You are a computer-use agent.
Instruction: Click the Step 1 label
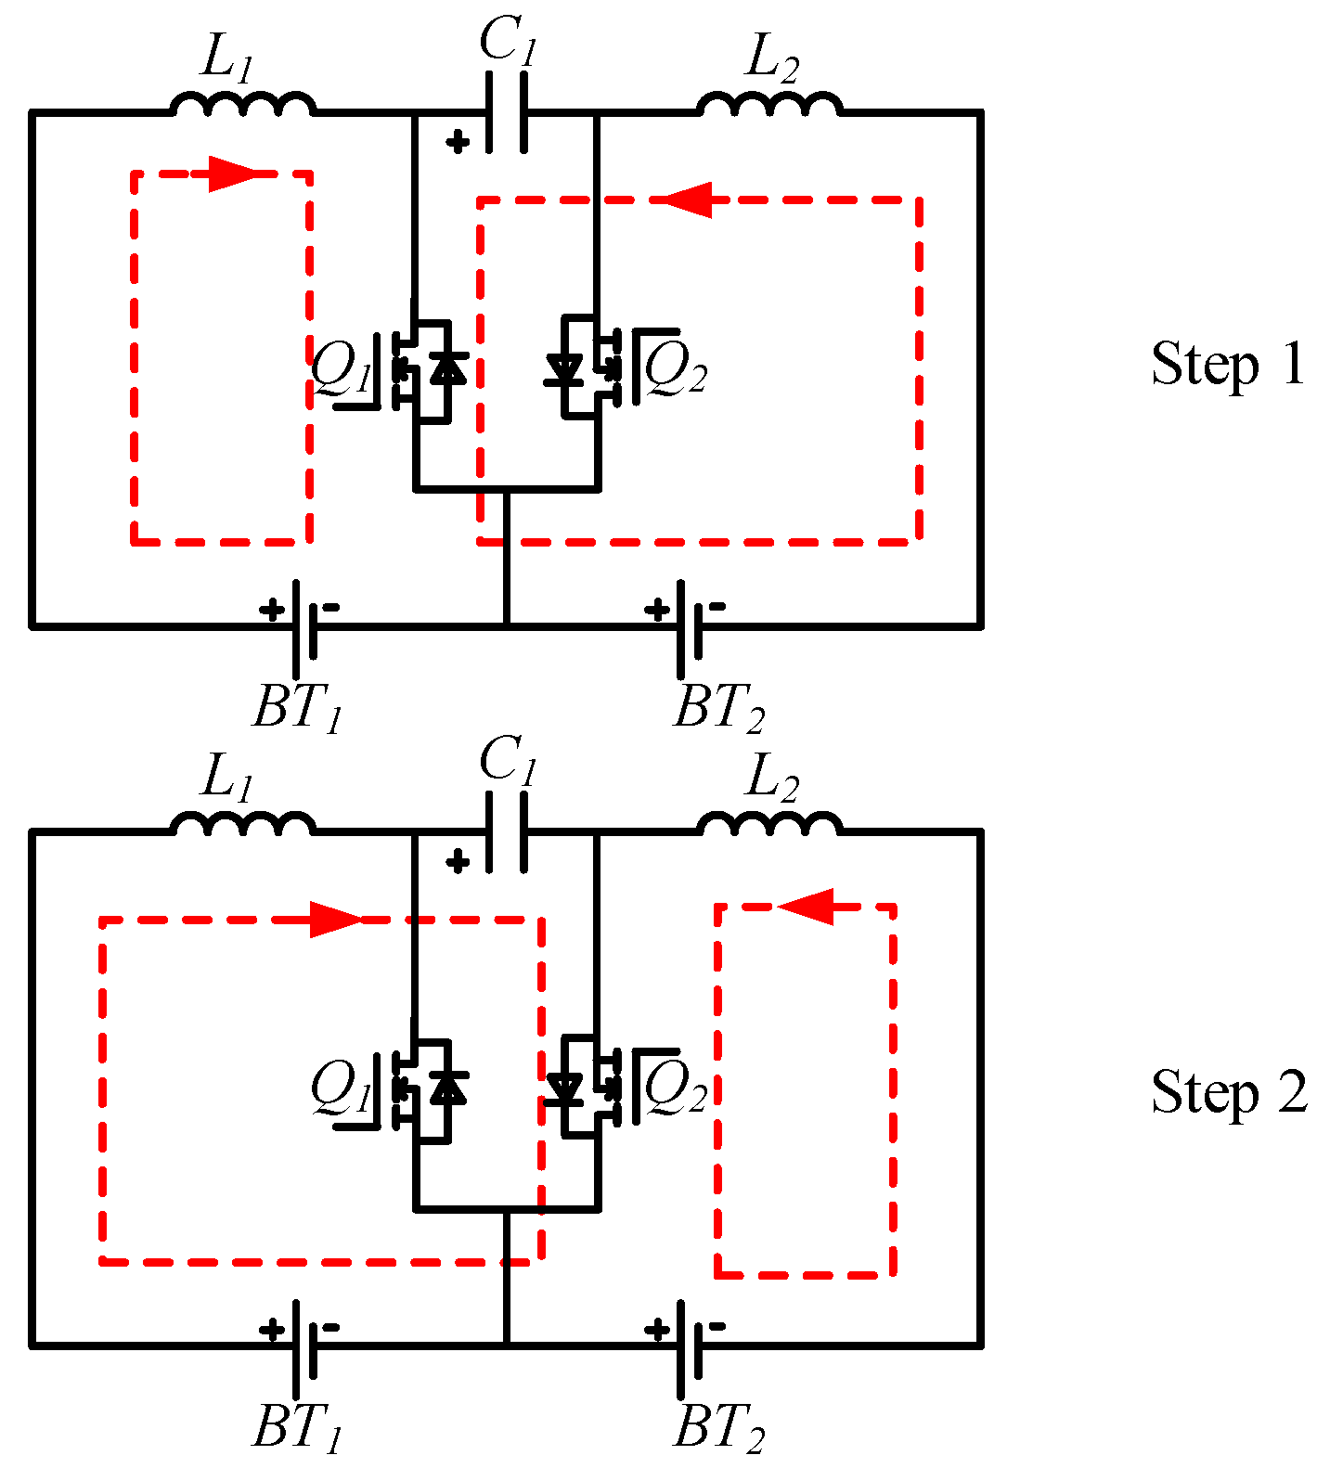[x=1227, y=364]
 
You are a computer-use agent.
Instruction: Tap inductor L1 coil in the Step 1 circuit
[x=242, y=103]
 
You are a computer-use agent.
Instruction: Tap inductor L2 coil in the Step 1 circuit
[x=769, y=103]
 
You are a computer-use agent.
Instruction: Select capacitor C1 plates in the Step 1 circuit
[x=506, y=112]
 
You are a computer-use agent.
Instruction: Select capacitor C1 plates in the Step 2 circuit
[x=506, y=832]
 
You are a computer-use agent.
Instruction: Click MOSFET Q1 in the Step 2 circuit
[x=422, y=1088]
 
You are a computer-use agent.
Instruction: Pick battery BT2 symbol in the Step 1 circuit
[x=688, y=626]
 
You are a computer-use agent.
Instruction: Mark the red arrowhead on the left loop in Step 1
[x=230, y=174]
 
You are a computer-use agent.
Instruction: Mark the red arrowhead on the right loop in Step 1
[x=688, y=199]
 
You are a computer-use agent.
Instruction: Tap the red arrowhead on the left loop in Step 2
[x=334, y=920]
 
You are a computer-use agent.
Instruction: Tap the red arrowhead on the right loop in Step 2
[x=807, y=906]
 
